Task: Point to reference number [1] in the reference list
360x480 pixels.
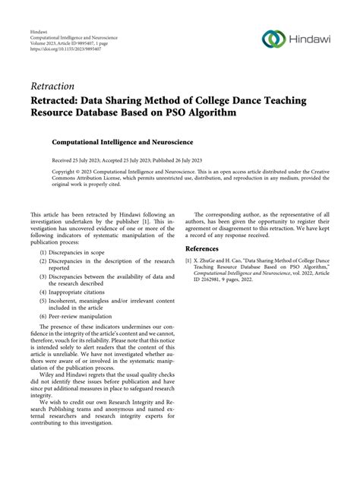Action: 189,261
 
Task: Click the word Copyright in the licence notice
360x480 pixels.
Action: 46,172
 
